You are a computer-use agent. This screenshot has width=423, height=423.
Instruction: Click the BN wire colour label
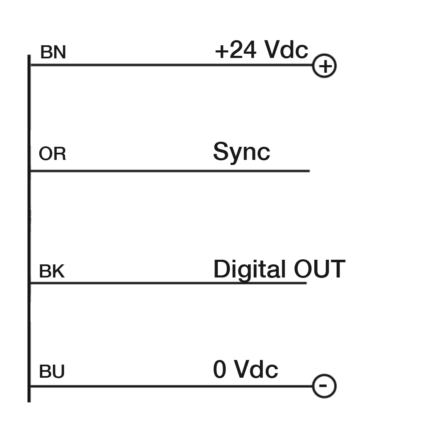pyautogui.click(x=53, y=52)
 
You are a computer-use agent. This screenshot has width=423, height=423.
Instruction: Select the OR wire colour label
pyautogui.click(x=52, y=154)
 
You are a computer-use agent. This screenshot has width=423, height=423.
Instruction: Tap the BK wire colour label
pyautogui.click(x=52, y=271)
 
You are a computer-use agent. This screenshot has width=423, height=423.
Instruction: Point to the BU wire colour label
pyautogui.click(x=52, y=371)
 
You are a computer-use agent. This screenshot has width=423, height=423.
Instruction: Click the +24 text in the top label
pyautogui.click(x=236, y=49)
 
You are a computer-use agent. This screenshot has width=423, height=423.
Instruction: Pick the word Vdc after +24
pyautogui.click(x=286, y=49)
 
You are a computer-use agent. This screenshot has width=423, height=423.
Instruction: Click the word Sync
pyautogui.click(x=242, y=152)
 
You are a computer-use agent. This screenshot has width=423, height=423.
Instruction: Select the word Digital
pyautogui.click(x=250, y=269)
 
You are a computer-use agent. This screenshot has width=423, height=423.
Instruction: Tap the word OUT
pyautogui.click(x=320, y=269)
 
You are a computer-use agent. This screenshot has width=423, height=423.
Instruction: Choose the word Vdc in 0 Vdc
pyautogui.click(x=256, y=369)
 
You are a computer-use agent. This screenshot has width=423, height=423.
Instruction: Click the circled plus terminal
pyautogui.click(x=324, y=66)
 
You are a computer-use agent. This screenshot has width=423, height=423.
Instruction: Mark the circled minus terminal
pyautogui.click(x=324, y=386)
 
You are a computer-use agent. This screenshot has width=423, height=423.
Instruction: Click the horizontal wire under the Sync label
pyautogui.click(x=170, y=171)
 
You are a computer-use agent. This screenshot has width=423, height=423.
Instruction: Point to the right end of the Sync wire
pyautogui.click(x=310, y=171)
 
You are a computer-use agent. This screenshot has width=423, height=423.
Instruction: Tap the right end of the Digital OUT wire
pyautogui.click(x=307, y=283)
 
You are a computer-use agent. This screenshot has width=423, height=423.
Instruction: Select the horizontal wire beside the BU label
pyautogui.click(x=171, y=386)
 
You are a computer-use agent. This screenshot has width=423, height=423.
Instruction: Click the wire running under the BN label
pyautogui.click(x=171, y=65)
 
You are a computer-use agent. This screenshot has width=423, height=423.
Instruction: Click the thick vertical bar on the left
pyautogui.click(x=29, y=228)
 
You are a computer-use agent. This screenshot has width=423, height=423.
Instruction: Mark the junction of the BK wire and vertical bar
pyautogui.click(x=30, y=283)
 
